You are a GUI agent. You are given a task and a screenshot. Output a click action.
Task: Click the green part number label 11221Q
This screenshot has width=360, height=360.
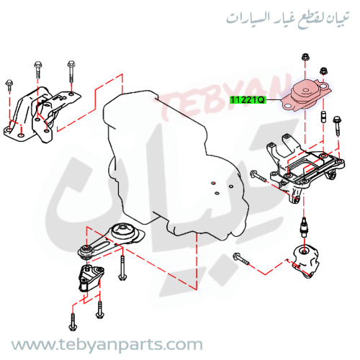coord(248,99)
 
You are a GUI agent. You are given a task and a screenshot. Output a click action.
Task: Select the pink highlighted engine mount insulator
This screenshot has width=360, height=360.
coord(306,95)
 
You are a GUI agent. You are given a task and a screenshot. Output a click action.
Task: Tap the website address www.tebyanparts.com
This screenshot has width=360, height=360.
coord(107,345)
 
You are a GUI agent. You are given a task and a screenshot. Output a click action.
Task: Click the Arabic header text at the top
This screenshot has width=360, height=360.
coord(288,19)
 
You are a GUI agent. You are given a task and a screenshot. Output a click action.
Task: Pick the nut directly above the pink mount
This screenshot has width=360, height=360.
coord(305,57)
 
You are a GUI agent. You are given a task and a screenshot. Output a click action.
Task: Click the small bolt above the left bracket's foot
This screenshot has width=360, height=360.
coord(9,85)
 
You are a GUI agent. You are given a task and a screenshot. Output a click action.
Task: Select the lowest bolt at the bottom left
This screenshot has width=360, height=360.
coord(73,323)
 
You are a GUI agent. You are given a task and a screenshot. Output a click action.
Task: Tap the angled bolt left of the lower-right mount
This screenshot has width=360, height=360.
coord(241,258)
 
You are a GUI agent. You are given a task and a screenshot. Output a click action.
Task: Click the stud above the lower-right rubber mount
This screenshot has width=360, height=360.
coord(305,226)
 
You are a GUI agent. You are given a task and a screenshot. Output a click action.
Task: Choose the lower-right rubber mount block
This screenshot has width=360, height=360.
coord(306,261)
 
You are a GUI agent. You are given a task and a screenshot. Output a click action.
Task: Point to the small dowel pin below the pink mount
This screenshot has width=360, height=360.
coord(323,117)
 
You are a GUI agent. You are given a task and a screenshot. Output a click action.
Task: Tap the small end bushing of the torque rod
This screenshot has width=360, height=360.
coord(86,251)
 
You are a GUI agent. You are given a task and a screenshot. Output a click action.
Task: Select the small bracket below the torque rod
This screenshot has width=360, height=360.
coord(91,278)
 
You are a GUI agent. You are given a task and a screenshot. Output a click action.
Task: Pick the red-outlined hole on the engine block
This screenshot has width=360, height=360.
coord(213,184)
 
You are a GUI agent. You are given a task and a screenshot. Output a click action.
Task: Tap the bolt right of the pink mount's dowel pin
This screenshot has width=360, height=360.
coord(337,125)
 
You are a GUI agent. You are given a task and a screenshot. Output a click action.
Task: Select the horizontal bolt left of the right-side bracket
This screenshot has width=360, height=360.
coord(258,176)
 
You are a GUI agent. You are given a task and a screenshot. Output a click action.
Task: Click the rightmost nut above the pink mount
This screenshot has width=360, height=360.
coord(323,71)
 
